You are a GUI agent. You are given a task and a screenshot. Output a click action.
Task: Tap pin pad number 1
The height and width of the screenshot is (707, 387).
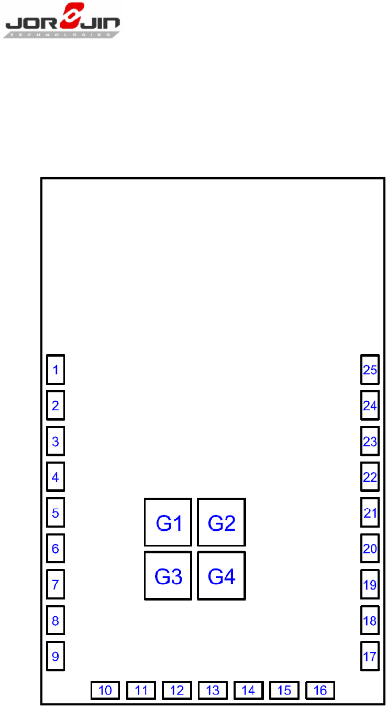coord(56,370)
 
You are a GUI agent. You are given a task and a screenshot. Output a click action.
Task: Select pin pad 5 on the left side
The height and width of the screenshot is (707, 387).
coord(56,512)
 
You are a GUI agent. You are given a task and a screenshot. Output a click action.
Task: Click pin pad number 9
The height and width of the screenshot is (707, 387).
coord(56,656)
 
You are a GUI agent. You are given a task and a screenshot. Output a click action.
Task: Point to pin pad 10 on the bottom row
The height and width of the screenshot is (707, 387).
coord(105,690)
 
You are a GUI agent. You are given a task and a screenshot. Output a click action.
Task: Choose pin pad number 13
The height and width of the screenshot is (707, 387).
coord(213,690)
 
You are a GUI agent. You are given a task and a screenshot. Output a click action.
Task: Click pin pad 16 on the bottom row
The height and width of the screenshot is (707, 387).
coord(320,690)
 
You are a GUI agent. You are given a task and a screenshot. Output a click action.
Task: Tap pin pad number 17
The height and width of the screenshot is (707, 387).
coord(370,656)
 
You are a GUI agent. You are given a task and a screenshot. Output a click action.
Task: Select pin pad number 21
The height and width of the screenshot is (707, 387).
coord(370,512)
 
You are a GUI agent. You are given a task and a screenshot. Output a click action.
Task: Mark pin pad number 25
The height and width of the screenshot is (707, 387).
coord(370,370)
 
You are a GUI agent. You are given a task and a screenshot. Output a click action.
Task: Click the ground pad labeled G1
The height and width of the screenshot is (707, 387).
coord(168,522)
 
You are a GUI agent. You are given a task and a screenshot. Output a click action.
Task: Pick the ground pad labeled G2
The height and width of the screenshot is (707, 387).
coord(222,522)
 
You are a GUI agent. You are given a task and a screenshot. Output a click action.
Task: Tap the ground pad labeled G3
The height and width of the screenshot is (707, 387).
coord(168,576)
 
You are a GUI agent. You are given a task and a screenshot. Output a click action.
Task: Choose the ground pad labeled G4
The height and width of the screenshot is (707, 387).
coord(222,576)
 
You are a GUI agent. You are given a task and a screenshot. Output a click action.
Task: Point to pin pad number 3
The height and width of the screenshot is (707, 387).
coord(56,441)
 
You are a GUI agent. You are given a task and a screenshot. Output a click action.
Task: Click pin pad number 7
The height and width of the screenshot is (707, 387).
coord(56,584)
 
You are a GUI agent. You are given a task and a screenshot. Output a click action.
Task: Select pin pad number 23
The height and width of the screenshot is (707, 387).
coord(370,441)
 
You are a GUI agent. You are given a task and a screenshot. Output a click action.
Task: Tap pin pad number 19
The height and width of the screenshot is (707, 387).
coord(370,584)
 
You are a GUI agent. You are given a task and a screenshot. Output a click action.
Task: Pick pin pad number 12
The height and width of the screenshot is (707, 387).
coord(177,690)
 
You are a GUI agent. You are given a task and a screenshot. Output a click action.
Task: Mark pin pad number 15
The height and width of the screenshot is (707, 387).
coord(284,690)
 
